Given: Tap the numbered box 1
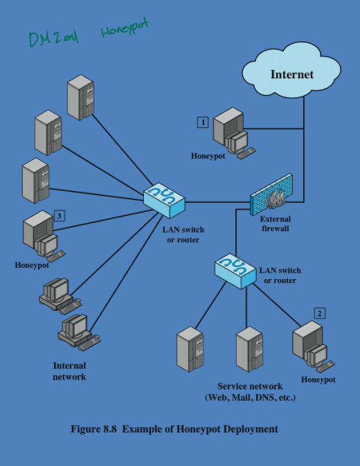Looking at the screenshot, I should (203, 122).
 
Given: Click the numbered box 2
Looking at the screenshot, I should (319, 313).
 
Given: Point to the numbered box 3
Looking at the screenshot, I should (60, 216).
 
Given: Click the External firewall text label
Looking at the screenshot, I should (275, 223).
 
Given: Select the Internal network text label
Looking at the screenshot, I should (69, 371).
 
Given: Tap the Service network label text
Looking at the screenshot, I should (250, 392).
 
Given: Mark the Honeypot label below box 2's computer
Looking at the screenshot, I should (318, 379).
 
